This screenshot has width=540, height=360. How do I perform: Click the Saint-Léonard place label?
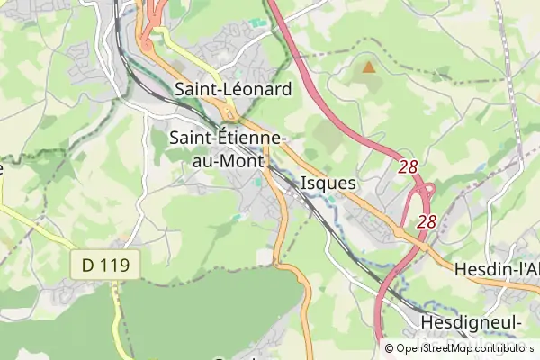click(233, 89)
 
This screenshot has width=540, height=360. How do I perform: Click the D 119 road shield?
click(106, 265)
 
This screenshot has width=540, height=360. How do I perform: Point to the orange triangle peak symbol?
click(367, 66)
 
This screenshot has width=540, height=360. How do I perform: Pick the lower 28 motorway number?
click(427, 220)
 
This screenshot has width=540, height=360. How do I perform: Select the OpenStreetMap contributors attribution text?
click(464, 349)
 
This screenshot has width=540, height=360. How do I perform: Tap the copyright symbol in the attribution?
click(390, 349)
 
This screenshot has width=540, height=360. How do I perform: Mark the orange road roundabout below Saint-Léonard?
click(230, 114)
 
